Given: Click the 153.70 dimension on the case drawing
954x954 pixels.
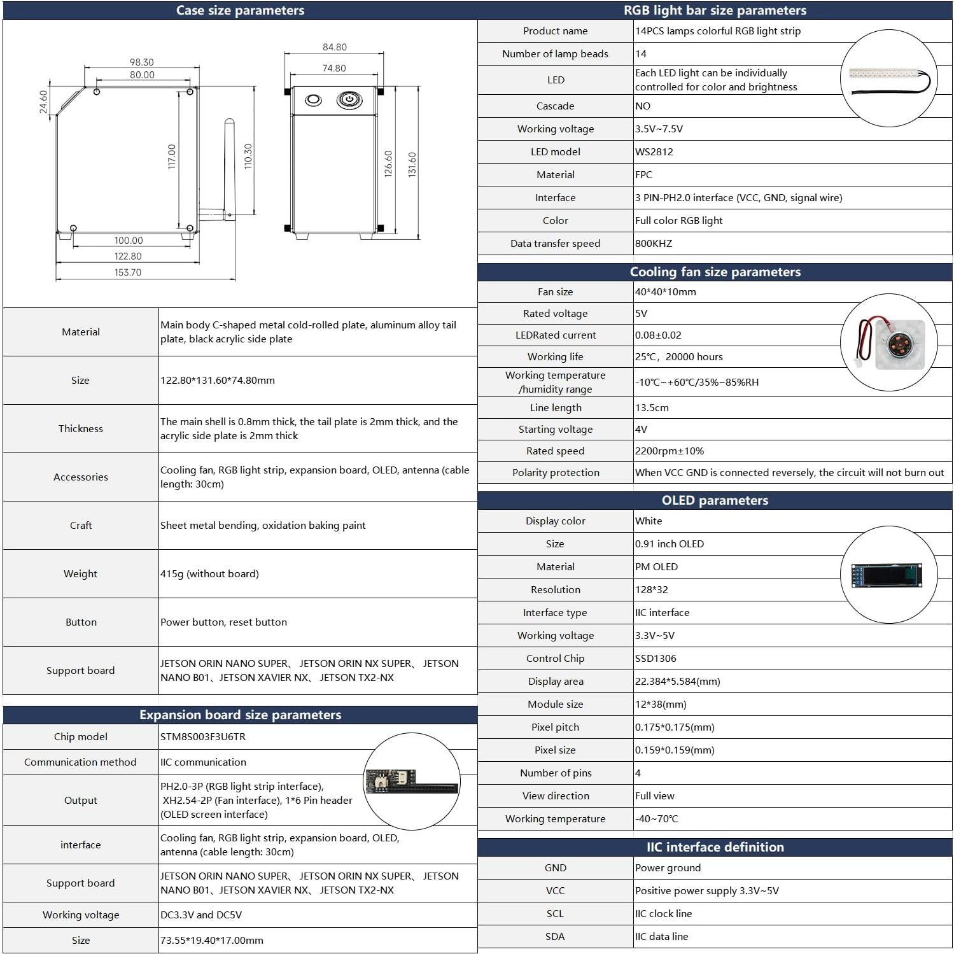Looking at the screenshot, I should coord(128,272).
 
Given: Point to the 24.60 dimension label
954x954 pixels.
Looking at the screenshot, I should coord(43,102).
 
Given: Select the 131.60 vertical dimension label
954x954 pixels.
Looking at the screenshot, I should coord(412,164).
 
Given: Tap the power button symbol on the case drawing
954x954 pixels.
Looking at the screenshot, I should coord(349,99).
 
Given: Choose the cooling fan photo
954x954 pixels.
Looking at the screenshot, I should coord(888,342).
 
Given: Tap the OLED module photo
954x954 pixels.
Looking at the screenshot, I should coord(888,575).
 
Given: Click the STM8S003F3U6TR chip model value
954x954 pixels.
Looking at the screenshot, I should coord(203,736).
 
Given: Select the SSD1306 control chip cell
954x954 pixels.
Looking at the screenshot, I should coord(656,658).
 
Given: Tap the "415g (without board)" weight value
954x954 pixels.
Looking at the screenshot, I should coord(209,573).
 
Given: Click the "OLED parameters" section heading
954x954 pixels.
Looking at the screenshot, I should coord(715,500).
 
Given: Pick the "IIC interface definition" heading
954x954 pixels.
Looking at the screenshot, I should coord(715,847).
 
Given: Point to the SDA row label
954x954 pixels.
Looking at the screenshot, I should coord(555,936).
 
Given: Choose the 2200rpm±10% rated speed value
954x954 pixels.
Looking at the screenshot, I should coord(670,451).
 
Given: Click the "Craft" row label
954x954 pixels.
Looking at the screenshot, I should coord(81,525).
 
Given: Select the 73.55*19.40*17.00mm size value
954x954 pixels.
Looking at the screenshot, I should coord(212,940).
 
